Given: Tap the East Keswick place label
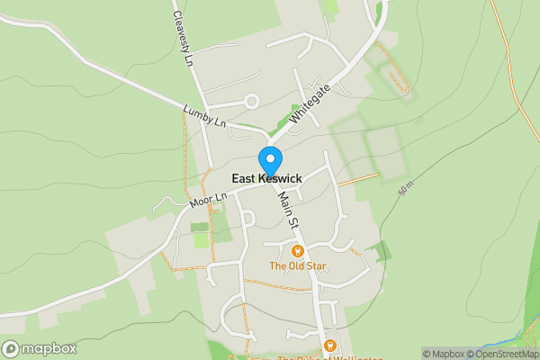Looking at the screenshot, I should point(266,179).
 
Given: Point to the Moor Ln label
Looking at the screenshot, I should point(209,199).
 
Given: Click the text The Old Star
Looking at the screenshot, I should point(297,266).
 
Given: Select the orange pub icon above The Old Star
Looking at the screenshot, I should point(297,251).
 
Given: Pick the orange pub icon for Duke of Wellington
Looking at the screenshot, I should point(329,346).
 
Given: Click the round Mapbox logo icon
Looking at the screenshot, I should point(12,348).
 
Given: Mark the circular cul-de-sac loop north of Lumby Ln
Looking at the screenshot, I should point(252,100).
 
